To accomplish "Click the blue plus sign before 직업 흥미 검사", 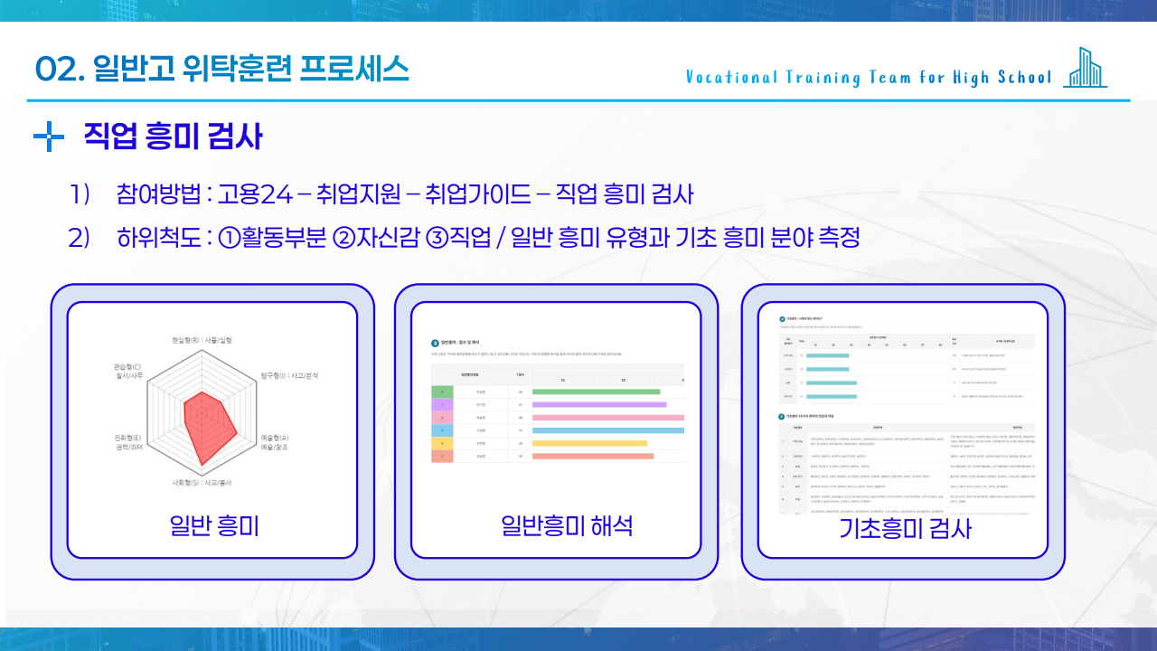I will [x=48, y=138].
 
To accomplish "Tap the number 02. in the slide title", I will [x=60, y=69].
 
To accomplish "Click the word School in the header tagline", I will [x=1025, y=78].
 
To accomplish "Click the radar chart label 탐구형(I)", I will [x=288, y=374].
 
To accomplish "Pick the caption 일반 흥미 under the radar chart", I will [x=214, y=525].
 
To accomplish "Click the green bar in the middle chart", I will [x=597, y=392].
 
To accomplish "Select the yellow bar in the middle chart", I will [x=590, y=443].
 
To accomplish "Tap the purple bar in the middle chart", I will [x=599, y=404].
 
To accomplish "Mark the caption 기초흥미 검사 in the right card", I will [x=905, y=528].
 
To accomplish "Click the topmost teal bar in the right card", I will [x=827, y=356].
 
